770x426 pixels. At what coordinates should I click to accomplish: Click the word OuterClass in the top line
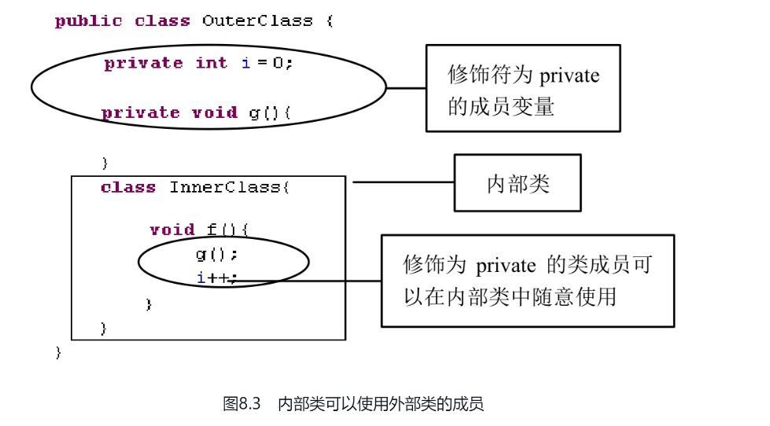pos(256,21)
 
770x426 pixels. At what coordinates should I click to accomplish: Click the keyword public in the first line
pos(88,21)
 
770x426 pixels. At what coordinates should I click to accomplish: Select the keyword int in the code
pos(211,63)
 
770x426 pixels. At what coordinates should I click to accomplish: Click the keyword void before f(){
pos(171,230)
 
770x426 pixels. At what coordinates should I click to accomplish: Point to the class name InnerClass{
pos(230,187)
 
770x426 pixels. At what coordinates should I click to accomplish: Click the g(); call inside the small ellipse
pos(216,254)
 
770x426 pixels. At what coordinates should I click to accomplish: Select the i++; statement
pos(216,277)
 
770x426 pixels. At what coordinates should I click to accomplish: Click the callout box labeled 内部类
pos(518,183)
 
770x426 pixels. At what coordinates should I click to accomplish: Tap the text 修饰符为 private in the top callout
pos(523,75)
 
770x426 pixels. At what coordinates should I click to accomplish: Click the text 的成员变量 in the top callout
pos(501,106)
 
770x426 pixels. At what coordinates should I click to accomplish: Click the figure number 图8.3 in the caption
pos(241,404)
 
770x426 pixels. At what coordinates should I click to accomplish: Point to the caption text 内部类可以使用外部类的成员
pos(381,404)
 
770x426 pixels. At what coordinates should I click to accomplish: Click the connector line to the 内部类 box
pos(403,182)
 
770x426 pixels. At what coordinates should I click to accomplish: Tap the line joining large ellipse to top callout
pos(406,88)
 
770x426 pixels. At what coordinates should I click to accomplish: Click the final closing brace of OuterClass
pos(58,352)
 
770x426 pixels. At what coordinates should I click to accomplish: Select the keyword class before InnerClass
pos(128,187)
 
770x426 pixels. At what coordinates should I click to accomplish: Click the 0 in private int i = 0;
pos(278,63)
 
